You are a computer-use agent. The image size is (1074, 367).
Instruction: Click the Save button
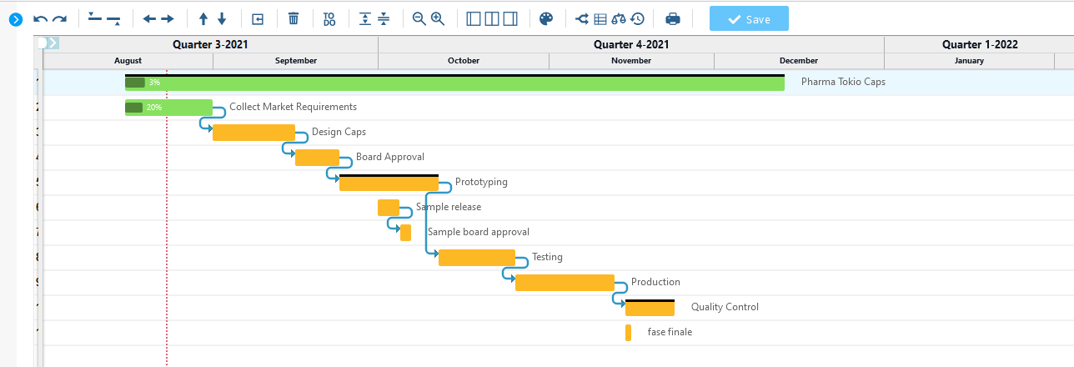[x=749, y=18]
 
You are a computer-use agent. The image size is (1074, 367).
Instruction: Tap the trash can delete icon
[x=294, y=18]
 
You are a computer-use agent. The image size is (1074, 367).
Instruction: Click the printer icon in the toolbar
[x=673, y=18]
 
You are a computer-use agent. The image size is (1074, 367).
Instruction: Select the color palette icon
[x=546, y=18]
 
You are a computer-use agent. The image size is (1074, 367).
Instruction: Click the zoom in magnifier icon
[x=438, y=18]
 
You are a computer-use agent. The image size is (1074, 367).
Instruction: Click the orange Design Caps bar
[x=253, y=133]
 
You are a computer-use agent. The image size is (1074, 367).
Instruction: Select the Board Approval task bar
[x=318, y=158]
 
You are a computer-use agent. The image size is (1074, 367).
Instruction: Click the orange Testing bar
[x=477, y=258]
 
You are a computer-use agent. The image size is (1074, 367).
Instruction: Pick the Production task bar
[x=565, y=283]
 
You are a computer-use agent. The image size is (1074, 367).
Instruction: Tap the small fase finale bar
[x=628, y=333]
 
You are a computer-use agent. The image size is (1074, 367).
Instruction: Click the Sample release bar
[x=389, y=208]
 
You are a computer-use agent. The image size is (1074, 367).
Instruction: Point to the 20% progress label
[x=154, y=108]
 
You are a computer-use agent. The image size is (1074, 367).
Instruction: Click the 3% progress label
[x=154, y=83]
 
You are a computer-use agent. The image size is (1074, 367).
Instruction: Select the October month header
[x=464, y=60]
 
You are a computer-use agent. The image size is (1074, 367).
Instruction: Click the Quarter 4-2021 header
[x=631, y=44]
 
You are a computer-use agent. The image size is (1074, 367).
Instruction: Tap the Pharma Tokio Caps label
[x=843, y=82]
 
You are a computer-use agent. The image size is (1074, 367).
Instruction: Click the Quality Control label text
[x=725, y=307]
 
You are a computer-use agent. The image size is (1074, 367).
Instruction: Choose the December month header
[x=799, y=60]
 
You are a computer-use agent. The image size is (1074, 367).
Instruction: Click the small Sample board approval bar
[x=405, y=233]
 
